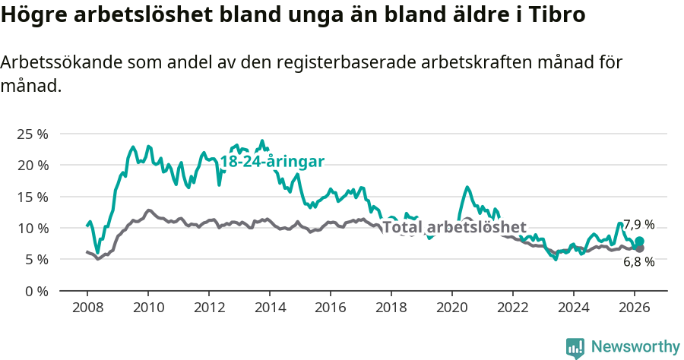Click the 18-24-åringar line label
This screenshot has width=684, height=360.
point(272,161)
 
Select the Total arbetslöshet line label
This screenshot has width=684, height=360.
point(454,227)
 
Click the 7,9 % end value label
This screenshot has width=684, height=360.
point(638,225)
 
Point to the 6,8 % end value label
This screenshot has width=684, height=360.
point(638,261)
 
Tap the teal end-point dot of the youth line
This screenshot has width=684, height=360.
point(639,242)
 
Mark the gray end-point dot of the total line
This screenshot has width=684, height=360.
point(639,248)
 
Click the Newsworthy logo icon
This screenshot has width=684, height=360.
point(575,347)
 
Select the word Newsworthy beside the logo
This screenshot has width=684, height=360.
point(635,347)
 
